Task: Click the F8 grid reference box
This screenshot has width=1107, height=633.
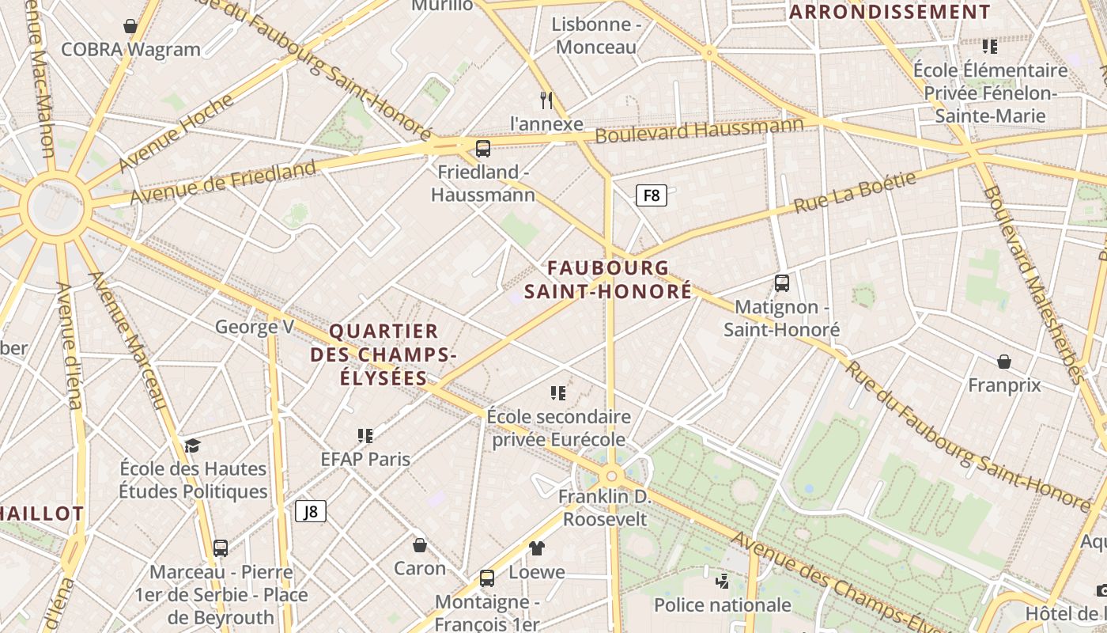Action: coord(652,195)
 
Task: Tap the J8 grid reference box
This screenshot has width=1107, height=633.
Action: coord(311,511)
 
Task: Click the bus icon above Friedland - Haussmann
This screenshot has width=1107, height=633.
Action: coord(482,148)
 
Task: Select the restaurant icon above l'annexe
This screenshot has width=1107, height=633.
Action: coord(546,100)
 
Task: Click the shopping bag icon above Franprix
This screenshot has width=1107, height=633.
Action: coord(1003,362)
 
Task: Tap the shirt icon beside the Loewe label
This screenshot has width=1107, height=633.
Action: coord(537,548)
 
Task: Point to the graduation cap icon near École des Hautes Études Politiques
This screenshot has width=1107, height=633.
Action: coord(192,445)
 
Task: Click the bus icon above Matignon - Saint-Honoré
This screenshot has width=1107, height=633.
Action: coord(781,282)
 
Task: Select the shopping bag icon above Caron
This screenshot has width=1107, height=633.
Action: coord(420,545)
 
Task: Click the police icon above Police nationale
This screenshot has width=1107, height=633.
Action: coord(721,582)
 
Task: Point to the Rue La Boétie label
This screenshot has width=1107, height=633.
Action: coord(855,192)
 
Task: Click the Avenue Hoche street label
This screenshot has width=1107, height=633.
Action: coord(177,133)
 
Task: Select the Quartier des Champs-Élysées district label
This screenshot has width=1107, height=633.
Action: coord(383,354)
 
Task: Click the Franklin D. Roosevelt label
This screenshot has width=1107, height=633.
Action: coord(605,508)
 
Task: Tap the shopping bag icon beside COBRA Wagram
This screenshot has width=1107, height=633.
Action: coord(130,26)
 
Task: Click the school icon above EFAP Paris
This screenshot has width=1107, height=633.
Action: coord(365,435)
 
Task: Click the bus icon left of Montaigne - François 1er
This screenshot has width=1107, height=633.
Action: coord(487,578)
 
